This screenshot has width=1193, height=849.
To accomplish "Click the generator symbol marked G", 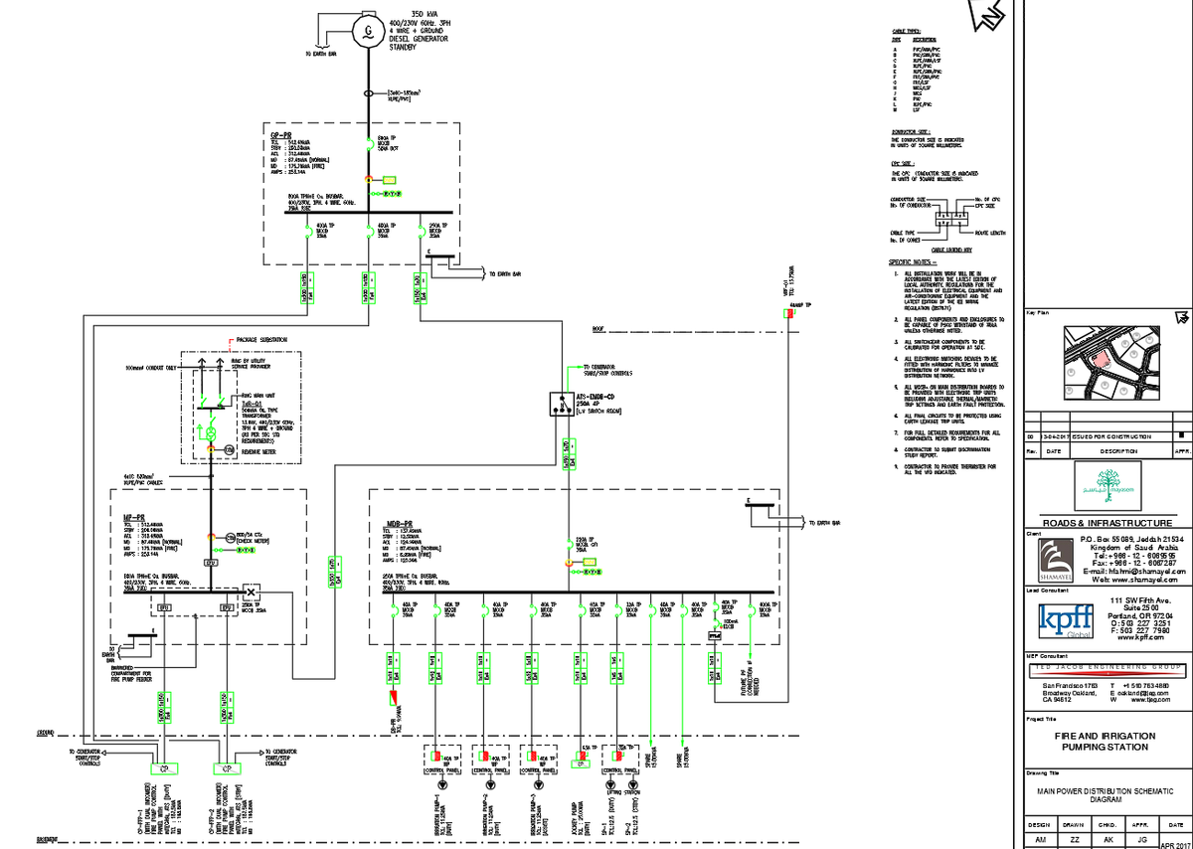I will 368,32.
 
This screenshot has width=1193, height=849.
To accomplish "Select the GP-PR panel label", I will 281,133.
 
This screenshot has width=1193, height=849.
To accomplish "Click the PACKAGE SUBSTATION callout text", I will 260,340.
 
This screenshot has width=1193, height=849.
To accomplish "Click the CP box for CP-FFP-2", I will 226,768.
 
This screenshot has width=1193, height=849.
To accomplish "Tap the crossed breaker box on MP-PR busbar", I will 250,592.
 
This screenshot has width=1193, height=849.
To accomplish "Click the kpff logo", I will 1060,623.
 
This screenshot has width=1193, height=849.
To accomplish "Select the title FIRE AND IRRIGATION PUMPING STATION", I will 1105,741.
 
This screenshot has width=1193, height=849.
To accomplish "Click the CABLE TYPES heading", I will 906,33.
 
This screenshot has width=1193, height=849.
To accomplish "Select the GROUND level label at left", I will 45,733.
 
